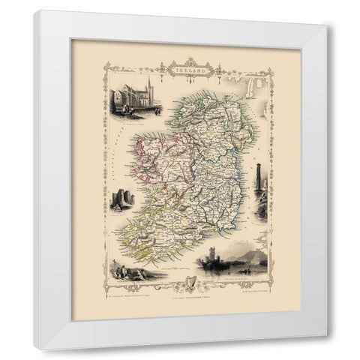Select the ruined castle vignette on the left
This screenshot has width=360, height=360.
[x=120, y=199]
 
